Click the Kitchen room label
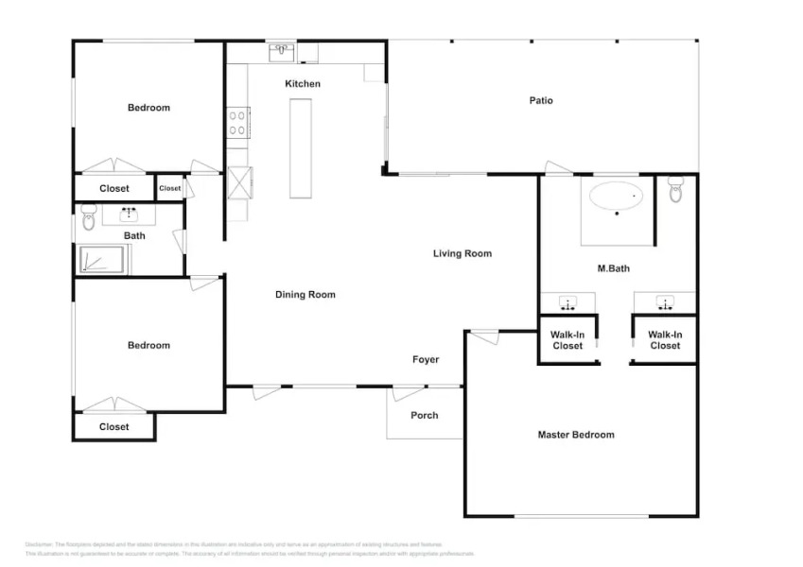(x=303, y=84)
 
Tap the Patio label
(x=541, y=100)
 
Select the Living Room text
(x=463, y=253)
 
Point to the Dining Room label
(x=305, y=295)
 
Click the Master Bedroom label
(x=576, y=435)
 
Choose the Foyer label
(x=426, y=359)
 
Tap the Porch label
(x=425, y=415)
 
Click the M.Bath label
(x=614, y=268)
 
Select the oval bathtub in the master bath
(x=617, y=197)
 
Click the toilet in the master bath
(x=675, y=192)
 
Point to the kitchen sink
(x=282, y=51)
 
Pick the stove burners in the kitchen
(x=236, y=123)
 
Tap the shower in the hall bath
(x=103, y=260)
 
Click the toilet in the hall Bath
(x=89, y=220)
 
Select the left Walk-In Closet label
(x=567, y=340)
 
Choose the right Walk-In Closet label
(x=665, y=340)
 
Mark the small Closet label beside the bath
(x=169, y=188)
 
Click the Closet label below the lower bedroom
(x=114, y=427)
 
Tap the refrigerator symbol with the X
(x=239, y=181)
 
